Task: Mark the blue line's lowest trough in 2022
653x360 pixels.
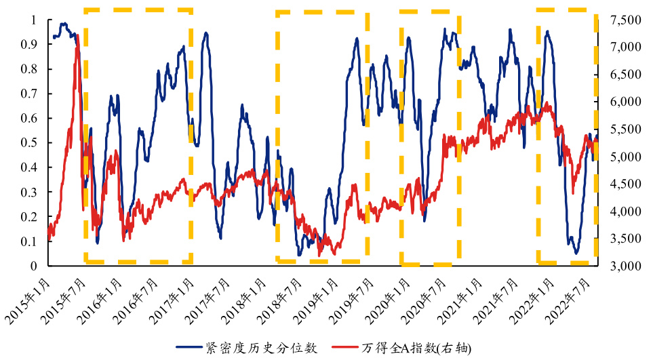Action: tap(576, 253)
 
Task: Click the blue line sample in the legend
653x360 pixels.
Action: tap(189, 348)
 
